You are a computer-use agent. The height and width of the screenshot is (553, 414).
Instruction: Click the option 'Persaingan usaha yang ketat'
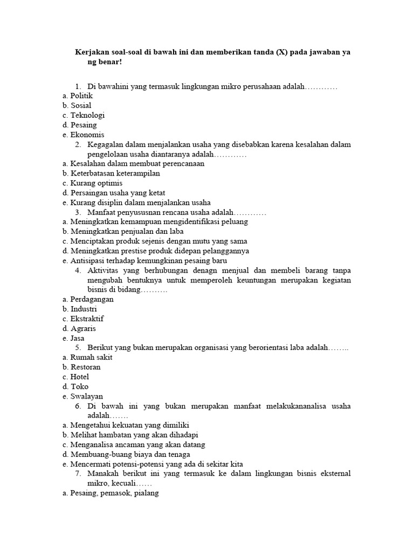click(x=118, y=193)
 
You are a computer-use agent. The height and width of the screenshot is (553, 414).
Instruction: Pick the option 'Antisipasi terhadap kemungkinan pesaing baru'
click(x=150, y=260)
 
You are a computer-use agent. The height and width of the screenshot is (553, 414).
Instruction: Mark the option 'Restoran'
click(x=86, y=367)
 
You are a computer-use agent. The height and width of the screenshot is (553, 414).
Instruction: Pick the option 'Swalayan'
click(x=86, y=396)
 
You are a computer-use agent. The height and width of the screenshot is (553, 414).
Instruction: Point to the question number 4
click(x=78, y=270)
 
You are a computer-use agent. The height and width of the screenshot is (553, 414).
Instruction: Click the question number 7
click(x=78, y=474)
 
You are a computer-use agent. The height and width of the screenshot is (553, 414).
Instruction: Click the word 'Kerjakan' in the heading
click(x=91, y=52)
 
